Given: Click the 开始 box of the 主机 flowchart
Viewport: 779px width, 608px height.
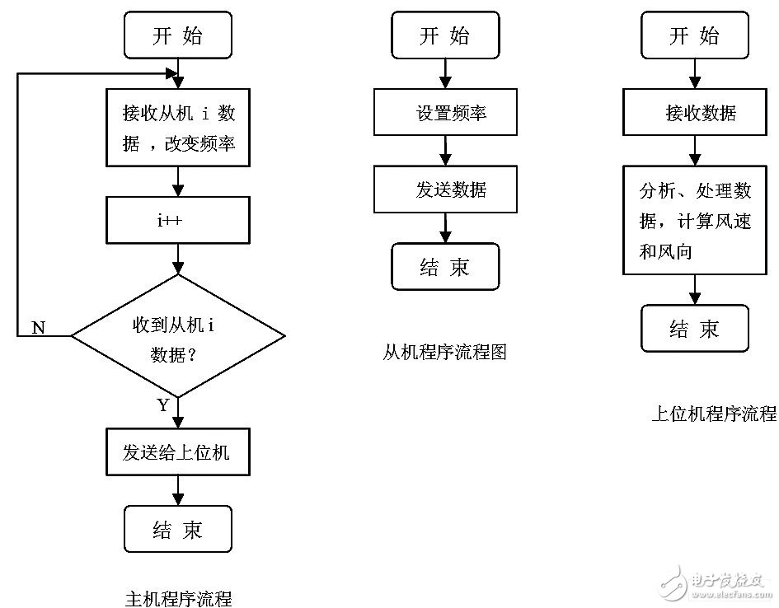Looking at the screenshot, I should tap(177, 36).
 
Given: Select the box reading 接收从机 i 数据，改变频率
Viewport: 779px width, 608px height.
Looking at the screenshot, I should tap(178, 128).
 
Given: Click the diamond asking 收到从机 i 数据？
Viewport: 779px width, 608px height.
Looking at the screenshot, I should tap(177, 336).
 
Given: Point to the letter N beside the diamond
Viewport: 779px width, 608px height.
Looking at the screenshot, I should tap(38, 327).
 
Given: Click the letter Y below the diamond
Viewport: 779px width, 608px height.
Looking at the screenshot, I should tap(162, 405).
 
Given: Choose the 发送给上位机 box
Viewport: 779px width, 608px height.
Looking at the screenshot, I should tap(177, 452).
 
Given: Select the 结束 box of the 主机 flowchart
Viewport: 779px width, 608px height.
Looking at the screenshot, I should tap(177, 530).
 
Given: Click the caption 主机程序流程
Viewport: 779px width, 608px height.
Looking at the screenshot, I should tap(178, 598).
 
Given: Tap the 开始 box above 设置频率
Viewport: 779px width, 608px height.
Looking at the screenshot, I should tap(445, 36).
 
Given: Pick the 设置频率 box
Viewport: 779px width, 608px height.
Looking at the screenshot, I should tap(445, 113).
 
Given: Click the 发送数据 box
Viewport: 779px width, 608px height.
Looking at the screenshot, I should tap(445, 189).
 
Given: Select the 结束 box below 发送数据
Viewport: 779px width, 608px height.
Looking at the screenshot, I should tap(445, 267).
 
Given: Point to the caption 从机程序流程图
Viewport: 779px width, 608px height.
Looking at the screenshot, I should tap(444, 353).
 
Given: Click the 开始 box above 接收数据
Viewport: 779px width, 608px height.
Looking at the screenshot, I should tap(695, 36).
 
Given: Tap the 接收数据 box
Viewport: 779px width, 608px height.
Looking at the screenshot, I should tap(695, 113).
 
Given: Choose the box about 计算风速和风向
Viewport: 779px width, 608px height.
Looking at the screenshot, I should tap(695, 221).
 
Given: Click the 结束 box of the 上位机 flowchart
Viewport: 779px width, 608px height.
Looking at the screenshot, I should tap(695, 329).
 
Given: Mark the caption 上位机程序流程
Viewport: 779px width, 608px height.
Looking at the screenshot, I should tap(714, 414).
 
